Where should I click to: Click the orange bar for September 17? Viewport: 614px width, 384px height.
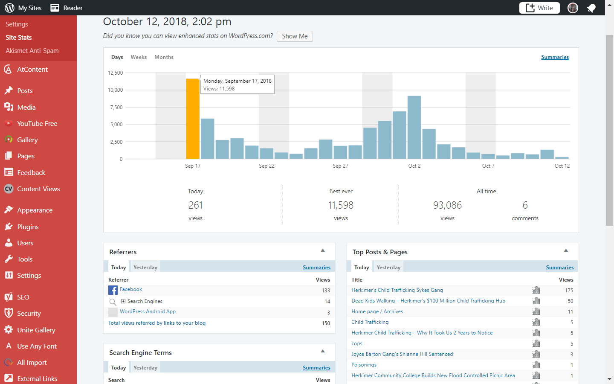click(x=192, y=119)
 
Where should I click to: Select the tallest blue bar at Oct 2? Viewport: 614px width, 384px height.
click(x=414, y=127)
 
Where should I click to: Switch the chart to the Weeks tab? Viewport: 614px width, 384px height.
click(x=139, y=57)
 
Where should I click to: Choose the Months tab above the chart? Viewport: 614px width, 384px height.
click(x=164, y=57)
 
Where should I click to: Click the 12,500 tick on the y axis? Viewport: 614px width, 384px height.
click(x=116, y=73)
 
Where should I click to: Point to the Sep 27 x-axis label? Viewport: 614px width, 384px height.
click(x=340, y=166)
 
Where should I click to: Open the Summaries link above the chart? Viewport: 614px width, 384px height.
click(x=555, y=57)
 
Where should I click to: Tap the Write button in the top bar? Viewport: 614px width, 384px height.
click(x=539, y=8)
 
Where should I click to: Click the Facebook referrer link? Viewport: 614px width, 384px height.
click(x=131, y=289)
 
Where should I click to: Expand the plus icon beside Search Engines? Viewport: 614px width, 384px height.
click(x=123, y=301)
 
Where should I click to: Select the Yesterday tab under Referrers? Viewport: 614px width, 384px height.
click(x=145, y=267)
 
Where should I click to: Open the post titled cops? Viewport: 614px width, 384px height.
click(x=357, y=343)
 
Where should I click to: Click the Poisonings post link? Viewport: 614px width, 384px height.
click(x=364, y=365)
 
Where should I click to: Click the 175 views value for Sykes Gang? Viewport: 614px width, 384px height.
click(x=569, y=290)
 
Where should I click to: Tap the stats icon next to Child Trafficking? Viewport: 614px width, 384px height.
click(x=536, y=322)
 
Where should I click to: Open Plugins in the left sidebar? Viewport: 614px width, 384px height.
click(x=28, y=227)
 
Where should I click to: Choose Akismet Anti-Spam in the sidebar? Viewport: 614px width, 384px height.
click(x=32, y=51)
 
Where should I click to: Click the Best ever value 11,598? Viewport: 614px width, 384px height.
click(x=341, y=205)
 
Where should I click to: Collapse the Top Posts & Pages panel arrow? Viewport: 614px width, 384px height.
click(x=566, y=250)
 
